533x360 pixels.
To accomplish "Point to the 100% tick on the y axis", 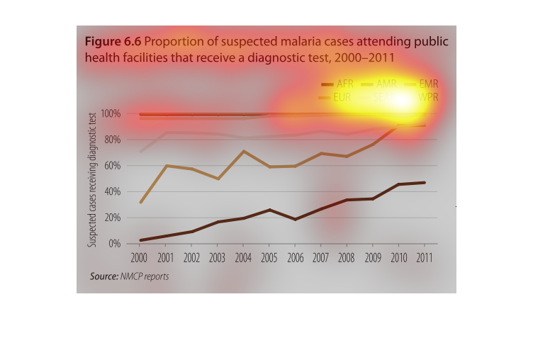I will point(111,114).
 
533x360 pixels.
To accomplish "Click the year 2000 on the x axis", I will point(139,256).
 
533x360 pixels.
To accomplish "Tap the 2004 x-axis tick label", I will point(243,256).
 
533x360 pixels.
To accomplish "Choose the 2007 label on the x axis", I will point(321,256).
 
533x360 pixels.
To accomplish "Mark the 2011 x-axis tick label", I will point(425,256).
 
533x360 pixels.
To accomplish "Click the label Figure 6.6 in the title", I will point(113,42).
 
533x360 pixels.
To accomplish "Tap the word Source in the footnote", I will point(103,276).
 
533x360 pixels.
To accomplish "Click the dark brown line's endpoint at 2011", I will point(425,183).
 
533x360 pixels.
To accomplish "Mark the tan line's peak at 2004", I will point(243,151).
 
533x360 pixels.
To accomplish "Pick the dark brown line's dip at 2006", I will point(295,220).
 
